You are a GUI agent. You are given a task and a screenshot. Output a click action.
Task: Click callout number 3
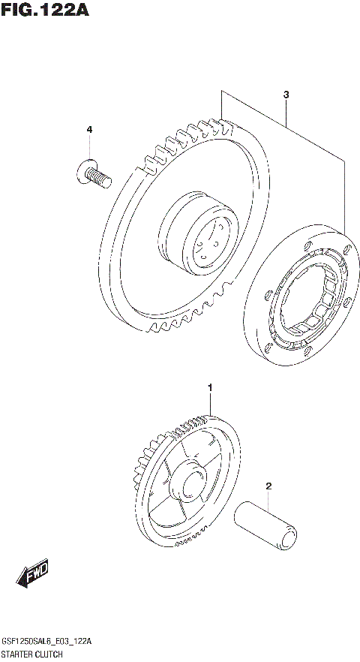(286, 95)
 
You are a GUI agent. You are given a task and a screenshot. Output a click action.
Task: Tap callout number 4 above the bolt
(88, 130)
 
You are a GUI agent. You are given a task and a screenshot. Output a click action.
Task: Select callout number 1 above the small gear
(211, 387)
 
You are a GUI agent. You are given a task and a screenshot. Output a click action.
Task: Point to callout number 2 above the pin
(268, 486)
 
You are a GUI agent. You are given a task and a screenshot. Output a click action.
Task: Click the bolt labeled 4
(93, 174)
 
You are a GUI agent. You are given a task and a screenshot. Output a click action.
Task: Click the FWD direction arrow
(34, 576)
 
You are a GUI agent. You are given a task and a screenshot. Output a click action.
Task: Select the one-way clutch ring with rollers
(303, 301)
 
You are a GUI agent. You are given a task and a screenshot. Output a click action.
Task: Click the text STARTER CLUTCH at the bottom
(37, 655)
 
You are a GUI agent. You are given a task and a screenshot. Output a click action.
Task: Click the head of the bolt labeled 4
(82, 172)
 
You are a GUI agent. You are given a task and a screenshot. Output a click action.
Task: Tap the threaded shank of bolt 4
(100, 177)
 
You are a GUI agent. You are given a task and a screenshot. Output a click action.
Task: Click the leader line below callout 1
(211, 405)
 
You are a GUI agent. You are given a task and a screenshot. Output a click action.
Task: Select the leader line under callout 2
(268, 501)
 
